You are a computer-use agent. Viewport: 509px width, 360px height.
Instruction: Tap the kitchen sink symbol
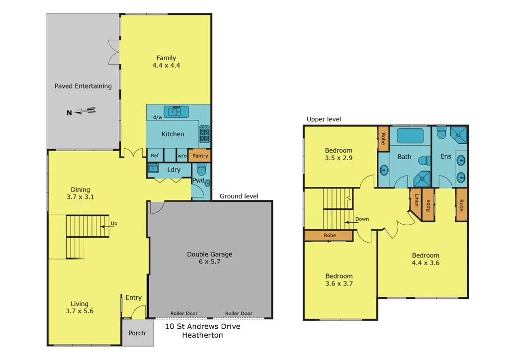[x=173, y=111]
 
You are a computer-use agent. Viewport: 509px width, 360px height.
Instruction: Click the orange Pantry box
[x=200, y=156]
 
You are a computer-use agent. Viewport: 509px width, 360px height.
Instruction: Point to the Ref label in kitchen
[x=155, y=156]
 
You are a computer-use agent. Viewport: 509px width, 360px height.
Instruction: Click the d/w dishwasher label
[x=158, y=117]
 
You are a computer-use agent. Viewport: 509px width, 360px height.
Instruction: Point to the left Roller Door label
[x=184, y=313]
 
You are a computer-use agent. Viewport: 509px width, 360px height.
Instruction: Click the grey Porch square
[x=137, y=332]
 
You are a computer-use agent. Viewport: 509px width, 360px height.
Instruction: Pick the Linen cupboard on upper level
[x=416, y=200]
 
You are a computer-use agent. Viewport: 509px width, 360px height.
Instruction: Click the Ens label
[x=446, y=157]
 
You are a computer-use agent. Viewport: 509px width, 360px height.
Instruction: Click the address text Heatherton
[x=203, y=335]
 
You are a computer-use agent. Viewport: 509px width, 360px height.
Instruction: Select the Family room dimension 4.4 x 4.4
[x=166, y=65]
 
